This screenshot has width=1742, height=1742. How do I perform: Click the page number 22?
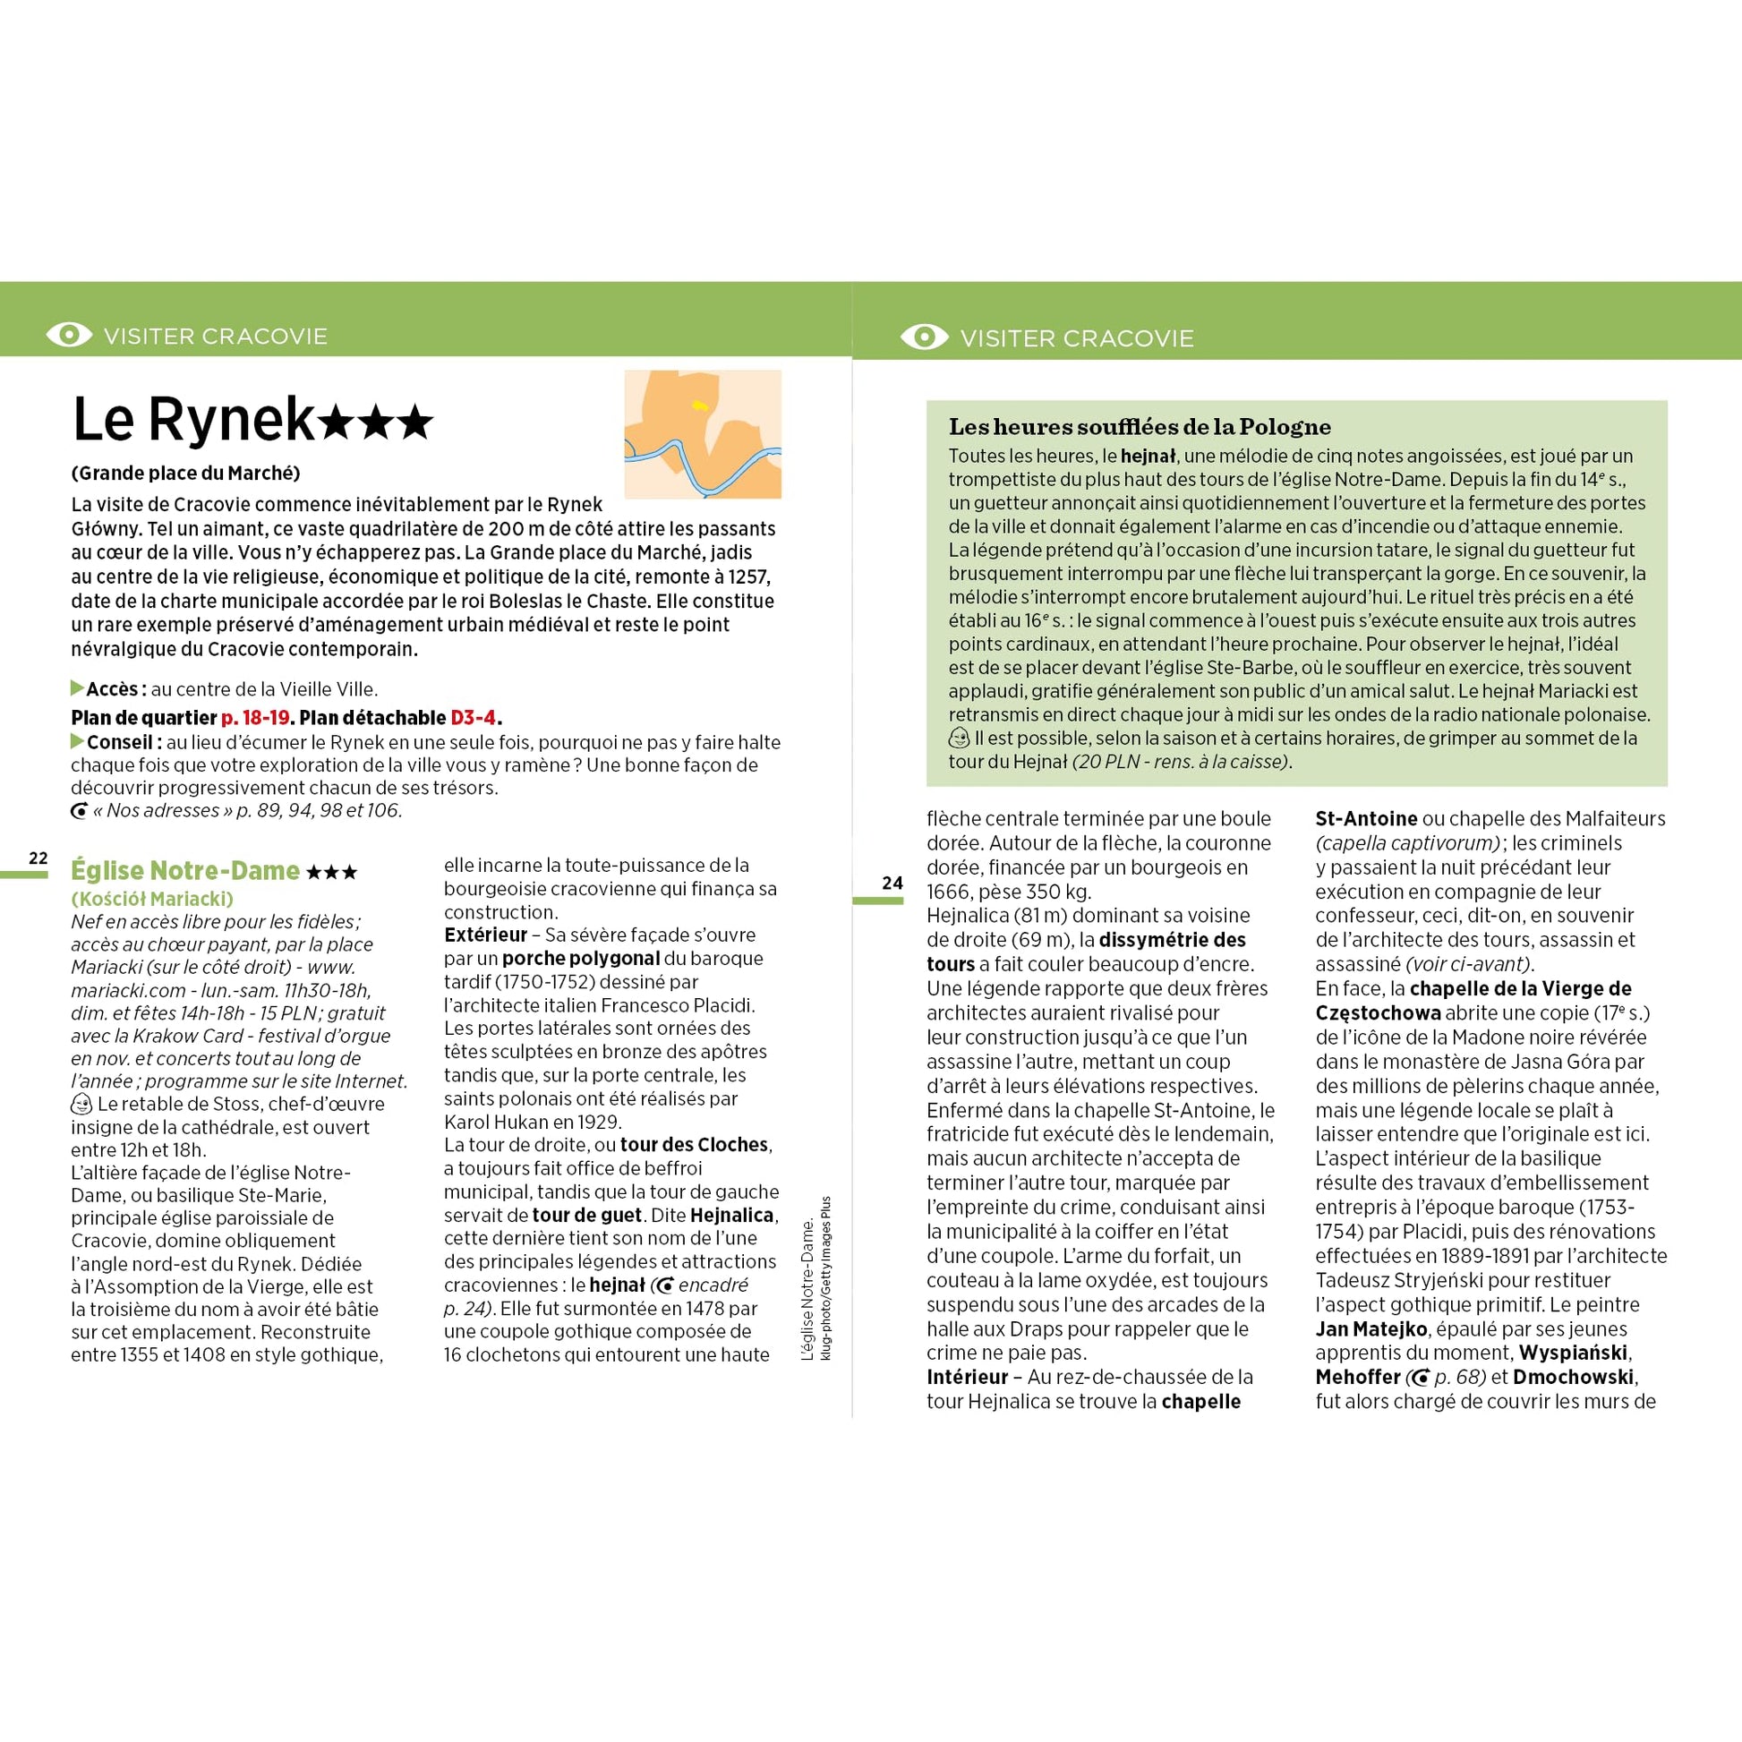point(38,858)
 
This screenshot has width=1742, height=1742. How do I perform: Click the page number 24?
point(892,883)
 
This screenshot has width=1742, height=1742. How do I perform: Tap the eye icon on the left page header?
point(69,336)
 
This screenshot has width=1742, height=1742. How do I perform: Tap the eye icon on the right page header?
point(923,337)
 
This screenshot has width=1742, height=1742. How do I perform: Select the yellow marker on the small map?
point(700,406)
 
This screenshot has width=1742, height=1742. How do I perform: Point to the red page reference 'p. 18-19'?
point(255,718)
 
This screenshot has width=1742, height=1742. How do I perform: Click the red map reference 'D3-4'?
point(474,718)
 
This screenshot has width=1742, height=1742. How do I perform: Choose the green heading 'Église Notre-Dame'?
point(184,870)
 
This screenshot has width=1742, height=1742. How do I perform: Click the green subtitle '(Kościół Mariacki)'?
point(151,899)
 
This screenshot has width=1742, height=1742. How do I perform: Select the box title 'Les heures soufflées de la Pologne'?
point(1140,426)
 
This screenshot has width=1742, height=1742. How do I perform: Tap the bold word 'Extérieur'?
point(485,935)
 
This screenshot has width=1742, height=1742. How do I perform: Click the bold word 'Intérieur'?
point(968,1377)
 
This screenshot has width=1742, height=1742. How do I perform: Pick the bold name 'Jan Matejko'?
point(1371,1329)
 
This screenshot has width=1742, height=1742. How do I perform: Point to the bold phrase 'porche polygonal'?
point(581,959)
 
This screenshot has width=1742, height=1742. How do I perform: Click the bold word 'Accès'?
point(112,690)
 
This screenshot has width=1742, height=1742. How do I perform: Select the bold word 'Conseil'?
point(122,742)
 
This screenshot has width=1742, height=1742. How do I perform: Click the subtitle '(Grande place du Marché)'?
point(185,474)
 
